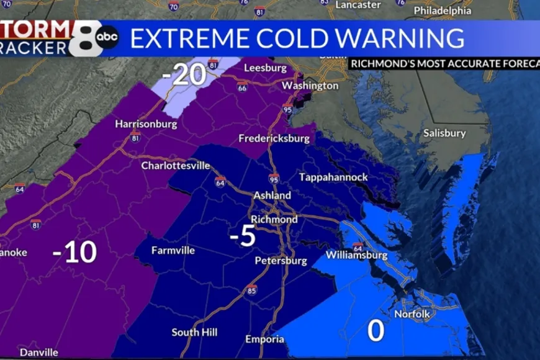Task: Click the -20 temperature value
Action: [184, 75]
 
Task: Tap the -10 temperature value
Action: [74, 252]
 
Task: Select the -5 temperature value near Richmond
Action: [243, 236]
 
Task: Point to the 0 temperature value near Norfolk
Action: [376, 331]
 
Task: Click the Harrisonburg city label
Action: [146, 124]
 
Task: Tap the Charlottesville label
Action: [176, 166]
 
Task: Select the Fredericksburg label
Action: [274, 138]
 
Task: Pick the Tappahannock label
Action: [333, 178]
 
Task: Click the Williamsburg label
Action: [356, 255]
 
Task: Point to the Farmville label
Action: [173, 251]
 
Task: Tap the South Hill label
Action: [194, 332]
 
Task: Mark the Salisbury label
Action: [444, 133]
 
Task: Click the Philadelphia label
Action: [443, 11]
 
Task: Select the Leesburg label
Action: [265, 67]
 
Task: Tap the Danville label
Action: [39, 352]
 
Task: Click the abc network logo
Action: [107, 37]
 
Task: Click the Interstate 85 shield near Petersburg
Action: [251, 290]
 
